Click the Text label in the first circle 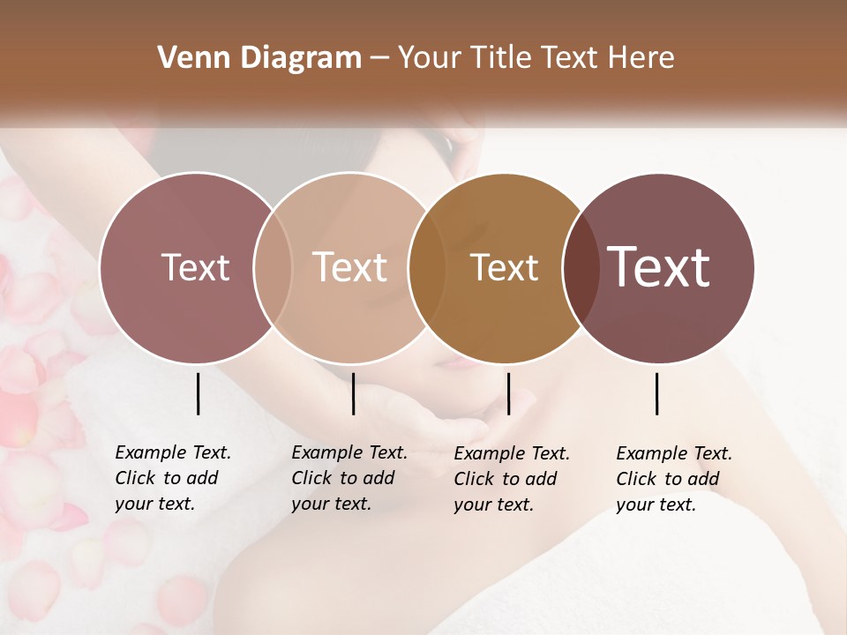click(x=195, y=267)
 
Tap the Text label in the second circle click(x=350, y=267)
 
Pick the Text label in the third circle click(x=504, y=268)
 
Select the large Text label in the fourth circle click(x=659, y=267)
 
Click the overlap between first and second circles click(x=273, y=268)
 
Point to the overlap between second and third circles click(x=427, y=268)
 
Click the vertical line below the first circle click(x=198, y=393)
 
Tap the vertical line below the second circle click(x=353, y=393)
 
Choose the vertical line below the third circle click(x=509, y=393)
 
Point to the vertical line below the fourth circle click(x=657, y=393)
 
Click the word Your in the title click(x=430, y=58)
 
